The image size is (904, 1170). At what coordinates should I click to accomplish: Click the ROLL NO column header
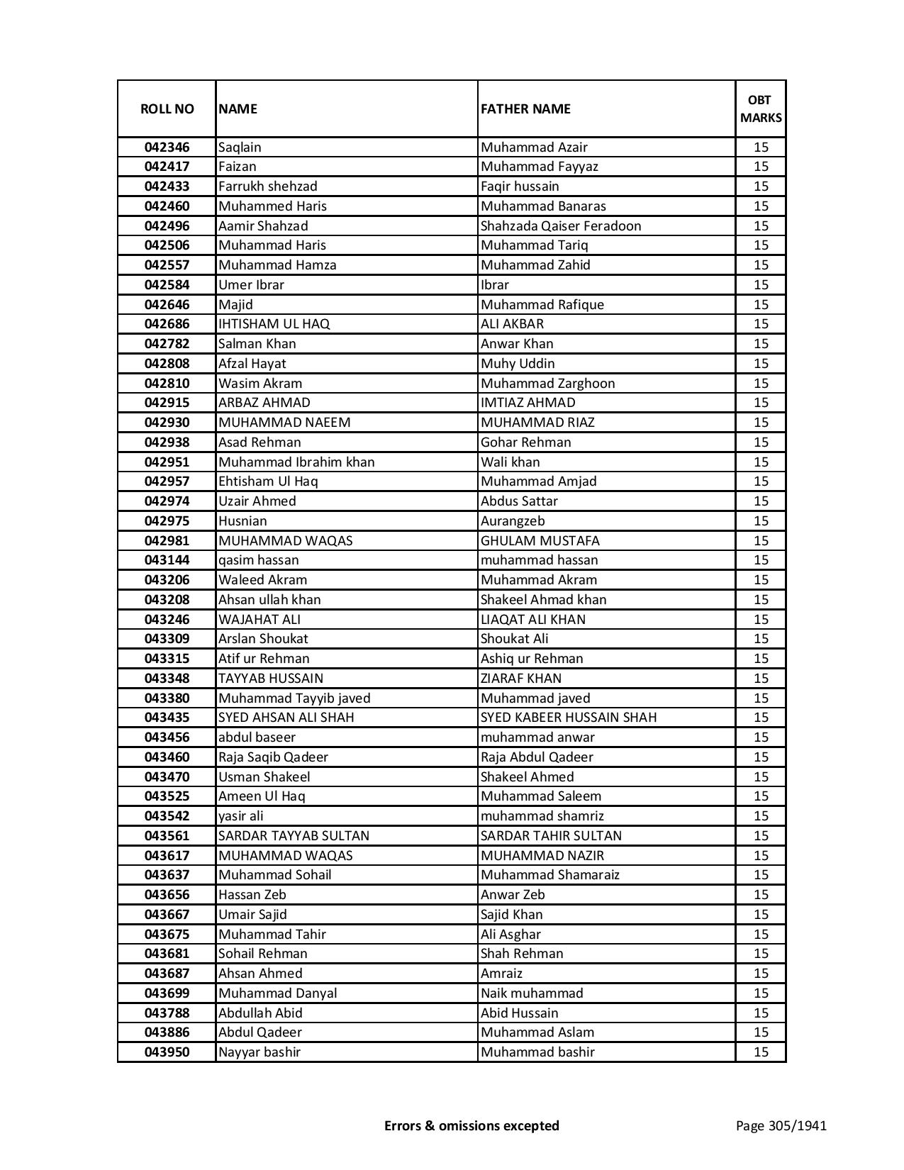pyautogui.click(x=167, y=108)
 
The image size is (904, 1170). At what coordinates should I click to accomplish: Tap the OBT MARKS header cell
pyautogui.click(x=761, y=108)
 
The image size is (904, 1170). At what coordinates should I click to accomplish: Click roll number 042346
pyautogui.click(x=167, y=147)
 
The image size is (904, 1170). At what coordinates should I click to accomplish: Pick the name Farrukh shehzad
pyautogui.click(x=268, y=186)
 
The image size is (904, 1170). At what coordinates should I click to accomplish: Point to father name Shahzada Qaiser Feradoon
pyautogui.click(x=561, y=226)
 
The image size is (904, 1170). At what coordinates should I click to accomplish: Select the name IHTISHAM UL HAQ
pyautogui.click(x=274, y=324)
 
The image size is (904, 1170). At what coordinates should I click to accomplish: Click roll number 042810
pyautogui.click(x=167, y=384)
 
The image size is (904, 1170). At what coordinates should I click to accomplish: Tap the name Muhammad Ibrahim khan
pyautogui.click(x=296, y=462)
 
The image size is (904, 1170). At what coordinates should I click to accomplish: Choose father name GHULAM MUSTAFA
pyautogui.click(x=540, y=541)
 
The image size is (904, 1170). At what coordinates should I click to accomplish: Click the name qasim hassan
pyautogui.click(x=259, y=560)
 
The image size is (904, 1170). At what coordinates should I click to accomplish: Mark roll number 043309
pyautogui.click(x=167, y=639)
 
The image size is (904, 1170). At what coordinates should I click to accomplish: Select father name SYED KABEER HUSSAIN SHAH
pyautogui.click(x=569, y=718)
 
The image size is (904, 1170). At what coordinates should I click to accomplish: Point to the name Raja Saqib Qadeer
pyautogui.click(x=273, y=757)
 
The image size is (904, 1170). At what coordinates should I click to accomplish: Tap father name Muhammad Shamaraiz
pyautogui.click(x=550, y=875)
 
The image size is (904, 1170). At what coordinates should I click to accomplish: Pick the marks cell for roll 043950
pyautogui.click(x=761, y=1052)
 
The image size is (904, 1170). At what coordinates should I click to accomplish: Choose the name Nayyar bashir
pyautogui.click(x=260, y=1052)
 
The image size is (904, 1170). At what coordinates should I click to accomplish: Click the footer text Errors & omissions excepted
pyautogui.click(x=471, y=1125)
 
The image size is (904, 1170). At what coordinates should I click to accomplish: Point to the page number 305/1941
pyautogui.click(x=781, y=1125)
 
